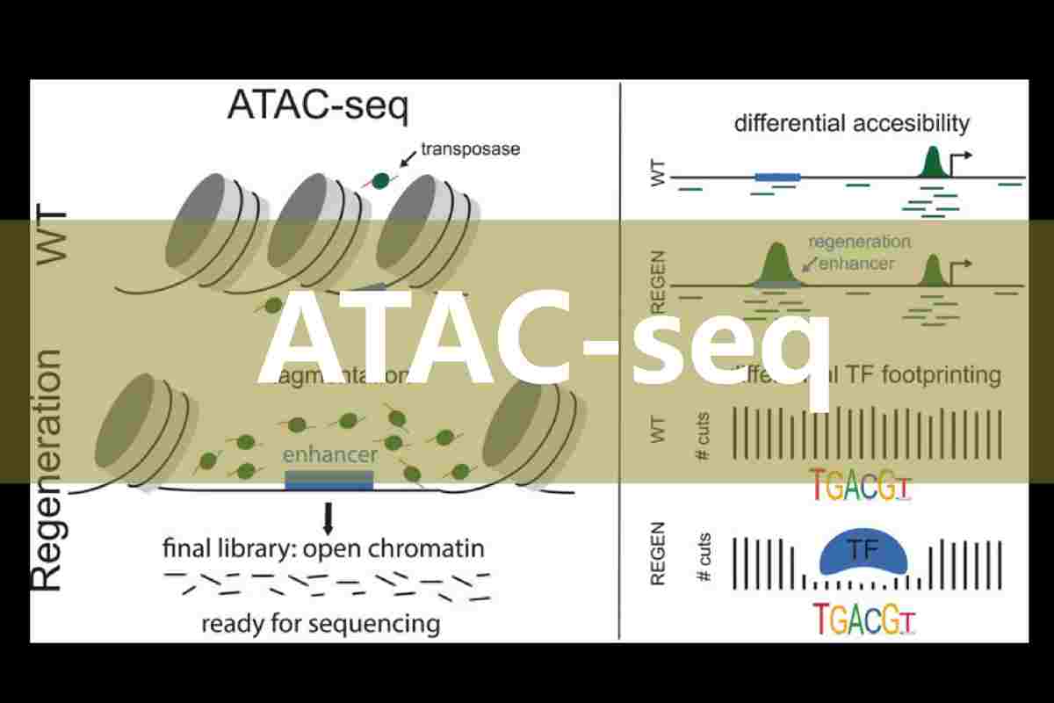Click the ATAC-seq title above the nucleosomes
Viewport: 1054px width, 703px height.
click(317, 105)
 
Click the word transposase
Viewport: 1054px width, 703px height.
click(470, 149)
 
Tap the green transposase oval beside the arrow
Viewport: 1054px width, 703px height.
click(381, 180)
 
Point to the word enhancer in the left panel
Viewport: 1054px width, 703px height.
click(329, 454)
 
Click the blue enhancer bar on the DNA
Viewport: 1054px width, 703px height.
click(329, 481)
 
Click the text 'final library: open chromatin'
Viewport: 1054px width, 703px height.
click(323, 549)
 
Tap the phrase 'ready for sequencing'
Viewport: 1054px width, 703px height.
click(321, 624)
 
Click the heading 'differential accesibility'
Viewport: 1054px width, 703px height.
click(851, 123)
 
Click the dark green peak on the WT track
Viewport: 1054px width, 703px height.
click(933, 164)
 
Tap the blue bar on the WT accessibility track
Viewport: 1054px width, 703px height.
click(777, 177)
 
